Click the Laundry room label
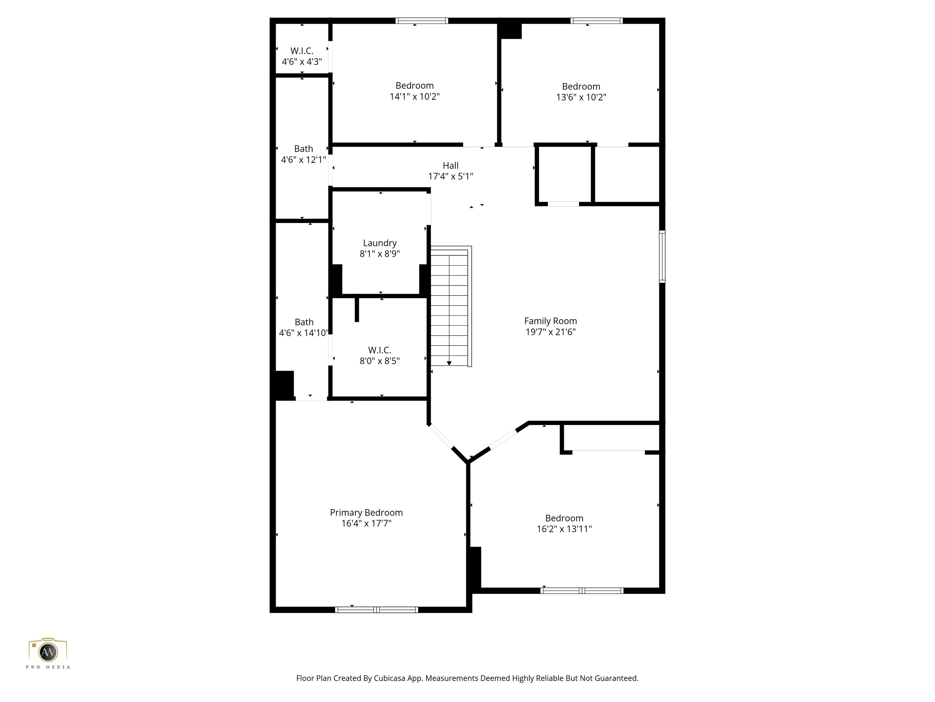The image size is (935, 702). pyautogui.click(x=380, y=243)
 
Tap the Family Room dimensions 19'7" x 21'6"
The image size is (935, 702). pyautogui.click(x=550, y=332)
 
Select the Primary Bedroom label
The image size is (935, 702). pyautogui.click(x=366, y=512)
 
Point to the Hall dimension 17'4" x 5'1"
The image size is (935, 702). pyautogui.click(x=450, y=176)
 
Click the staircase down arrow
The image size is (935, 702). pyautogui.click(x=449, y=363)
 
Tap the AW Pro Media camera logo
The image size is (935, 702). pyautogui.click(x=48, y=652)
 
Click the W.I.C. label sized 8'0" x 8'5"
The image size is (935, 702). pyautogui.click(x=380, y=350)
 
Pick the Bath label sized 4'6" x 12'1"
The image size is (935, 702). pyautogui.click(x=303, y=148)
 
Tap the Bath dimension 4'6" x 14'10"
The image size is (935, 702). pyautogui.click(x=303, y=333)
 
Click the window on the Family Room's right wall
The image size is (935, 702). pyautogui.click(x=662, y=257)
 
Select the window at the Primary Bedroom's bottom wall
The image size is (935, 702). pyautogui.click(x=376, y=610)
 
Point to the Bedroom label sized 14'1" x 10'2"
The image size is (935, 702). pyautogui.click(x=414, y=86)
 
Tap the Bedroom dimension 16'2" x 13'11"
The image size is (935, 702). pyautogui.click(x=564, y=529)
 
